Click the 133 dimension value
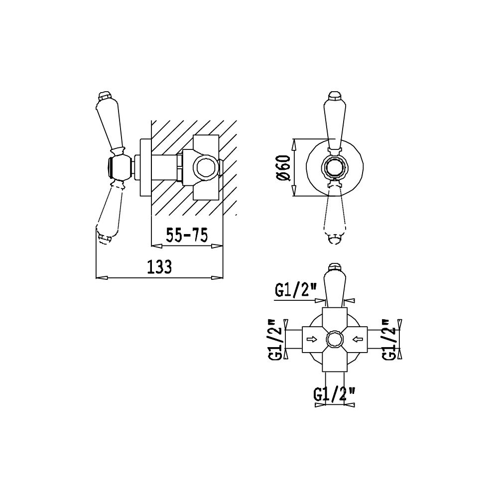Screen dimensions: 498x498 (159, 267)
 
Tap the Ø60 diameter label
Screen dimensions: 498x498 (283, 168)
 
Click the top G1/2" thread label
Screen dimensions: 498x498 (292, 290)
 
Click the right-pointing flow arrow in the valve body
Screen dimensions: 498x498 (312, 340)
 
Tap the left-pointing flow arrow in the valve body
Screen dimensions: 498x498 (358, 340)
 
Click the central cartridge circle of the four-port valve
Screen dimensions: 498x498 (335, 340)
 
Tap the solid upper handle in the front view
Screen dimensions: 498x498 (335, 123)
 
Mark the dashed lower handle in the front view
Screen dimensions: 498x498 (335, 212)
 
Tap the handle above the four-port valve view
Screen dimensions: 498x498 (335, 286)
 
